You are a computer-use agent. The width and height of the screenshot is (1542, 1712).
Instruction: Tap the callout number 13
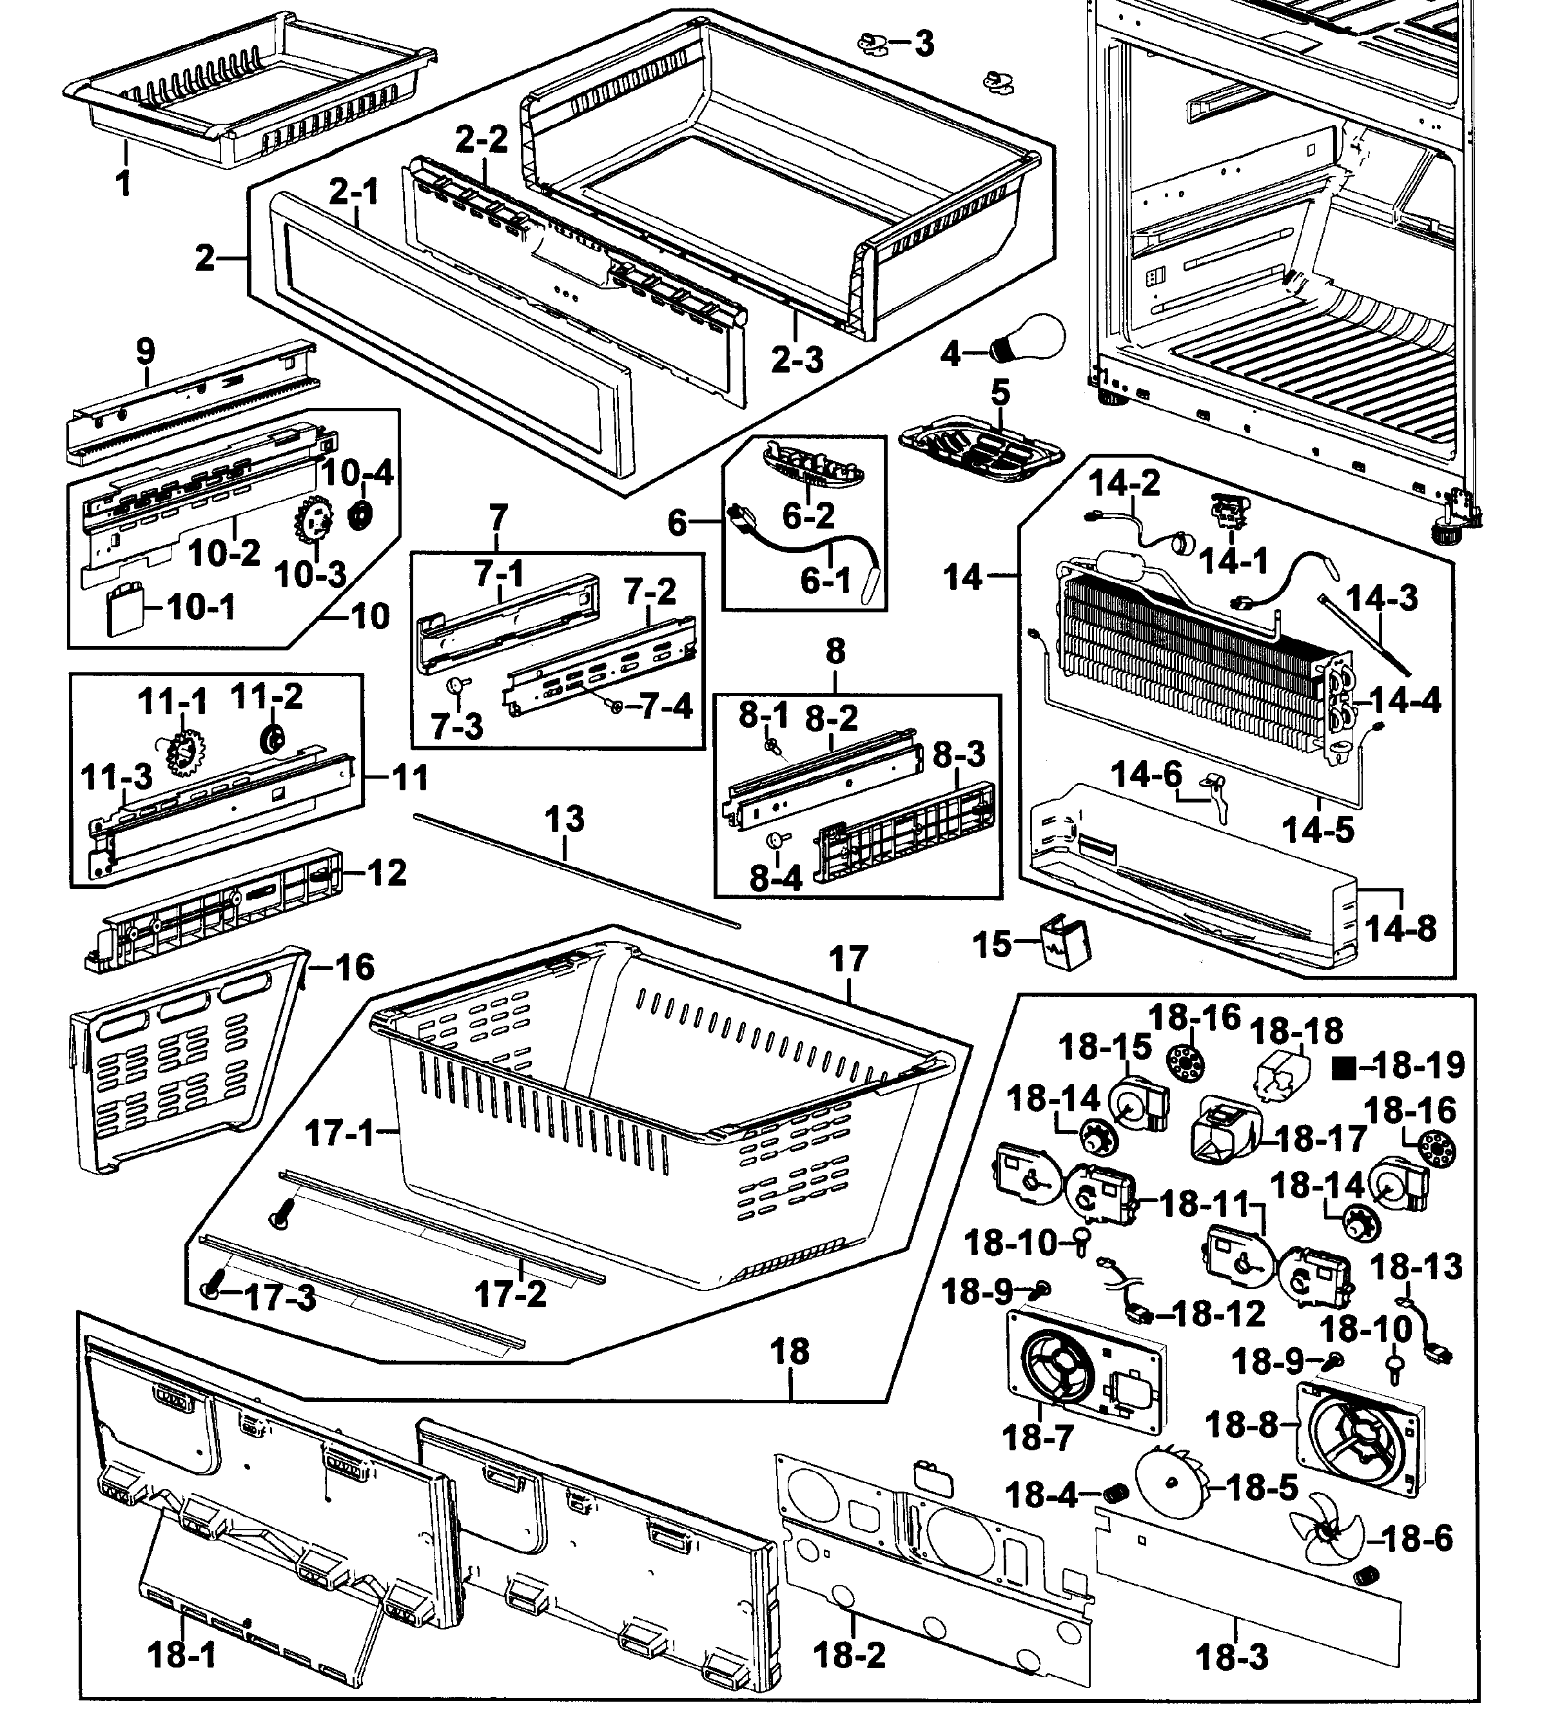tap(564, 819)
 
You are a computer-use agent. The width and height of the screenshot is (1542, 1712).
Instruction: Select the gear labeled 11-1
tap(183, 749)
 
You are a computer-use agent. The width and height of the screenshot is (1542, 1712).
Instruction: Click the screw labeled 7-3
tap(456, 684)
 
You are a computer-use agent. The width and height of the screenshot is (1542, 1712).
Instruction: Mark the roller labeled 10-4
tap(364, 514)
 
